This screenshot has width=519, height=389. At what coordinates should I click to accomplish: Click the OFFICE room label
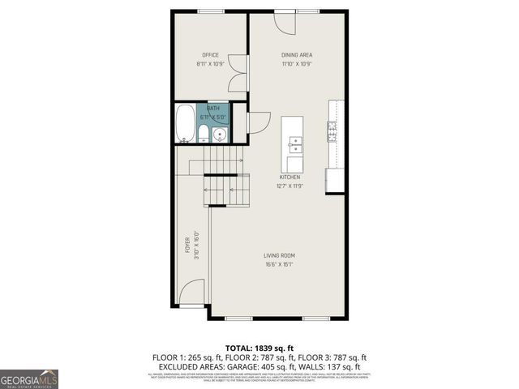(211, 55)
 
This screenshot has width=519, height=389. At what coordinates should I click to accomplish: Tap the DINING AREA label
(297, 55)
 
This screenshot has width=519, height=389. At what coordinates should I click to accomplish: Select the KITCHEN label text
(290, 177)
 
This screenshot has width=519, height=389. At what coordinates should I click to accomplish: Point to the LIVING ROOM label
(278, 256)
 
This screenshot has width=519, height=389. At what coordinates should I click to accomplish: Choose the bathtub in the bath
(186, 123)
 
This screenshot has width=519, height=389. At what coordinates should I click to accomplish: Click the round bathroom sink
(219, 135)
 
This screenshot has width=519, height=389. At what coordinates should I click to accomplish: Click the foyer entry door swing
(192, 293)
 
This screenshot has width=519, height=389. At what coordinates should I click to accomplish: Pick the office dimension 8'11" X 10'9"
(211, 64)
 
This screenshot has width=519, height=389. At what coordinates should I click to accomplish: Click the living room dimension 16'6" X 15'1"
(278, 265)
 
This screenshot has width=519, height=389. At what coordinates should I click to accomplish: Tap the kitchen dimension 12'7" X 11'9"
(290, 186)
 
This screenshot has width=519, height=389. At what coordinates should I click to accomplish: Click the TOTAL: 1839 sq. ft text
(259, 346)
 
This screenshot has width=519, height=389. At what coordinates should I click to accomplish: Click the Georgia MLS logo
(29, 378)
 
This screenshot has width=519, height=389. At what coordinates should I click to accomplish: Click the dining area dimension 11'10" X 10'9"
(297, 64)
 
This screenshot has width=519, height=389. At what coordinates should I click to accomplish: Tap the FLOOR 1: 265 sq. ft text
(185, 357)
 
